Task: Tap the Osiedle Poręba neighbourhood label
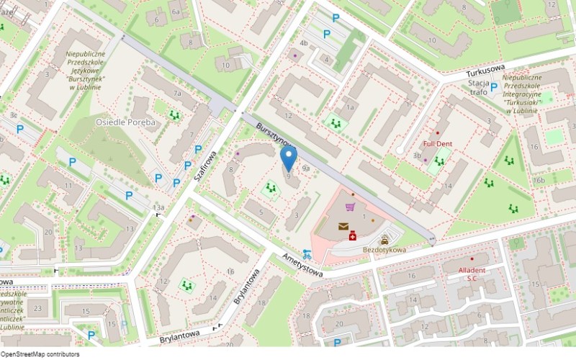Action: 125,122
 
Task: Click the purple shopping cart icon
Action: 350,207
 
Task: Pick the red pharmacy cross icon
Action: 353,236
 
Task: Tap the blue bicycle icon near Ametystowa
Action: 307,253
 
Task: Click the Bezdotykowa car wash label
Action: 384,250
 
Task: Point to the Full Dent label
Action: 437,143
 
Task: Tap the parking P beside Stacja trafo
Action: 494,87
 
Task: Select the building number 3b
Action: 417,155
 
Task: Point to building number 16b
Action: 539,180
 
